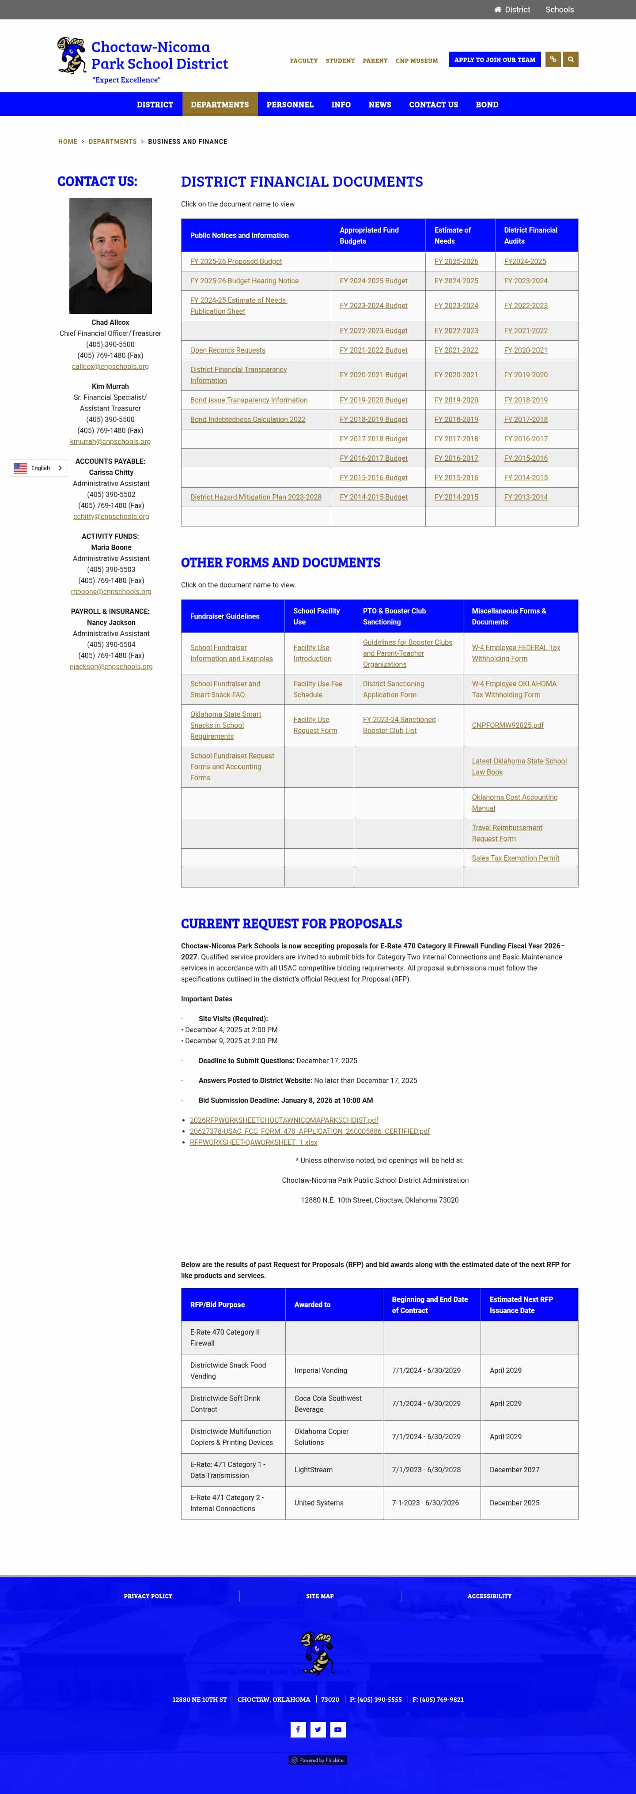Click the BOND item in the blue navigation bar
(487, 105)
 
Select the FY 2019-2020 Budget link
(373, 400)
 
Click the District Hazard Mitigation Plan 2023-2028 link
(256, 497)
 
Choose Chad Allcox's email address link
(110, 366)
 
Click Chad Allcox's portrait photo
(110, 256)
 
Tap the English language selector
(38, 468)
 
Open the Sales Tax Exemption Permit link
(515, 858)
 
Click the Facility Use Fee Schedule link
(317, 689)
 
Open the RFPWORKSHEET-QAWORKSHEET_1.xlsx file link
(253, 1142)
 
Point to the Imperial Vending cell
(321, 1371)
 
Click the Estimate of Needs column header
(452, 235)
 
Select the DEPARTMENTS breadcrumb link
(112, 141)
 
